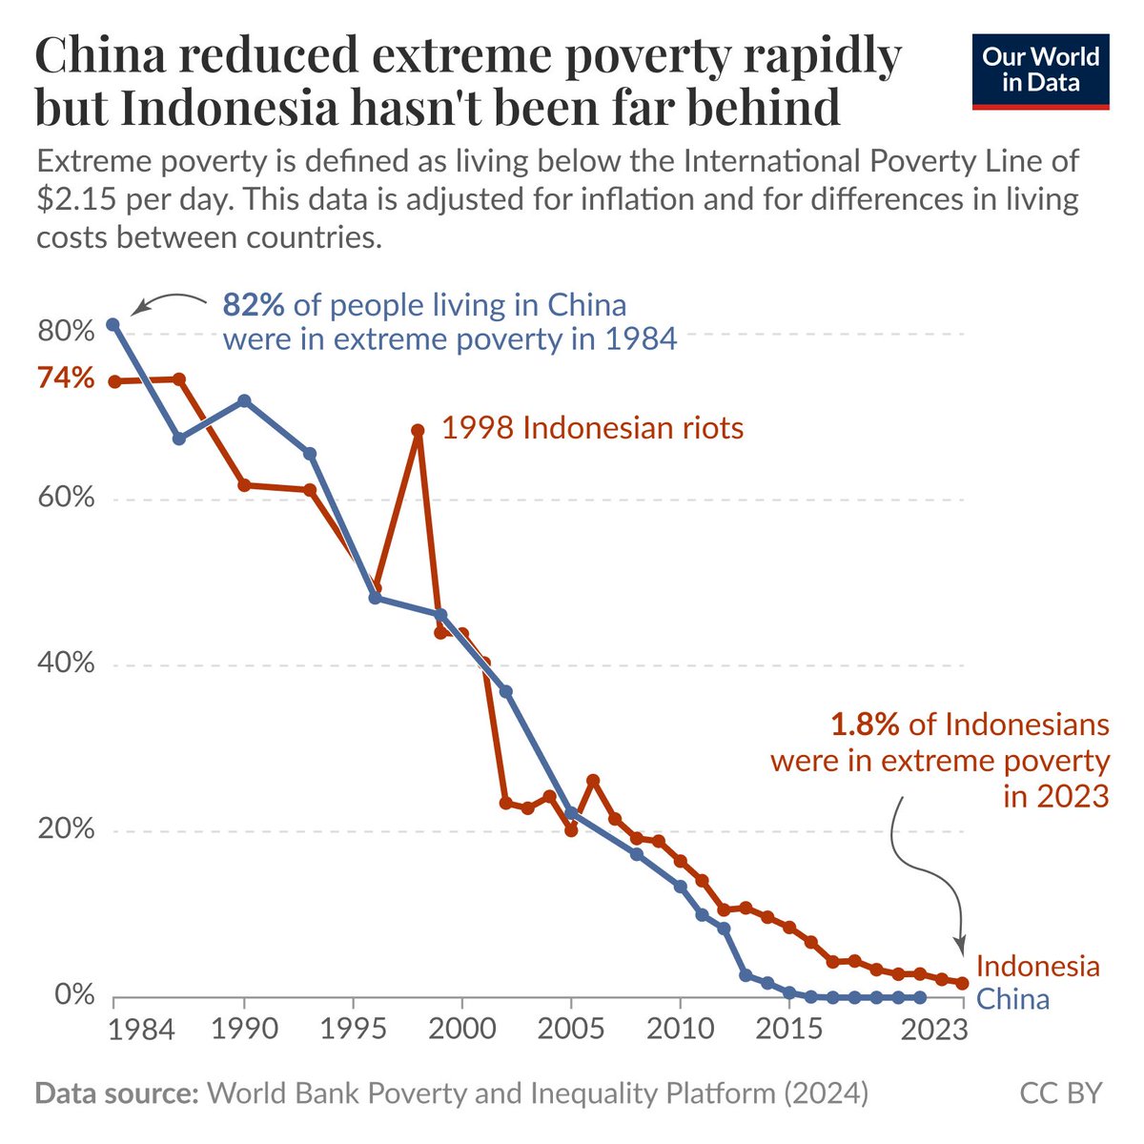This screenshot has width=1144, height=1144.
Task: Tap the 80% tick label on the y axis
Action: pyautogui.click(x=66, y=333)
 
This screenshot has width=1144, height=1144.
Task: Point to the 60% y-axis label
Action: pyautogui.click(x=66, y=499)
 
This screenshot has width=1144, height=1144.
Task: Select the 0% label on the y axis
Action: pyautogui.click(x=74, y=995)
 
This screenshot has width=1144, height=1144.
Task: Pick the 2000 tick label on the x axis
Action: pyautogui.click(x=461, y=1030)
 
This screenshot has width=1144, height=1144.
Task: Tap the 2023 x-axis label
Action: pyautogui.click(x=937, y=1030)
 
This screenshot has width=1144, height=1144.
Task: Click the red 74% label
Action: pyautogui.click(x=66, y=378)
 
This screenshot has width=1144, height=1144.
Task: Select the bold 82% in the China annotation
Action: pyautogui.click(x=254, y=305)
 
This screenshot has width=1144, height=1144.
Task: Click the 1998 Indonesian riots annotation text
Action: pyautogui.click(x=592, y=428)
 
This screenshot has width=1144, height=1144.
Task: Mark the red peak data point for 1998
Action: pyautogui.click(x=418, y=430)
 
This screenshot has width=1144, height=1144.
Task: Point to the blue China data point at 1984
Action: pyautogui.click(x=113, y=324)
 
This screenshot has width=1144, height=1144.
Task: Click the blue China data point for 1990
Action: pyautogui.click(x=245, y=400)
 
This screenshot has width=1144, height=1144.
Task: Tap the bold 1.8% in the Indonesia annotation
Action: pyautogui.click(x=865, y=725)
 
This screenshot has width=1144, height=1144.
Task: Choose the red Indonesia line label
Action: pyautogui.click(x=1037, y=966)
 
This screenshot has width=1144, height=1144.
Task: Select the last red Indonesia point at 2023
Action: pyautogui.click(x=962, y=983)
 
